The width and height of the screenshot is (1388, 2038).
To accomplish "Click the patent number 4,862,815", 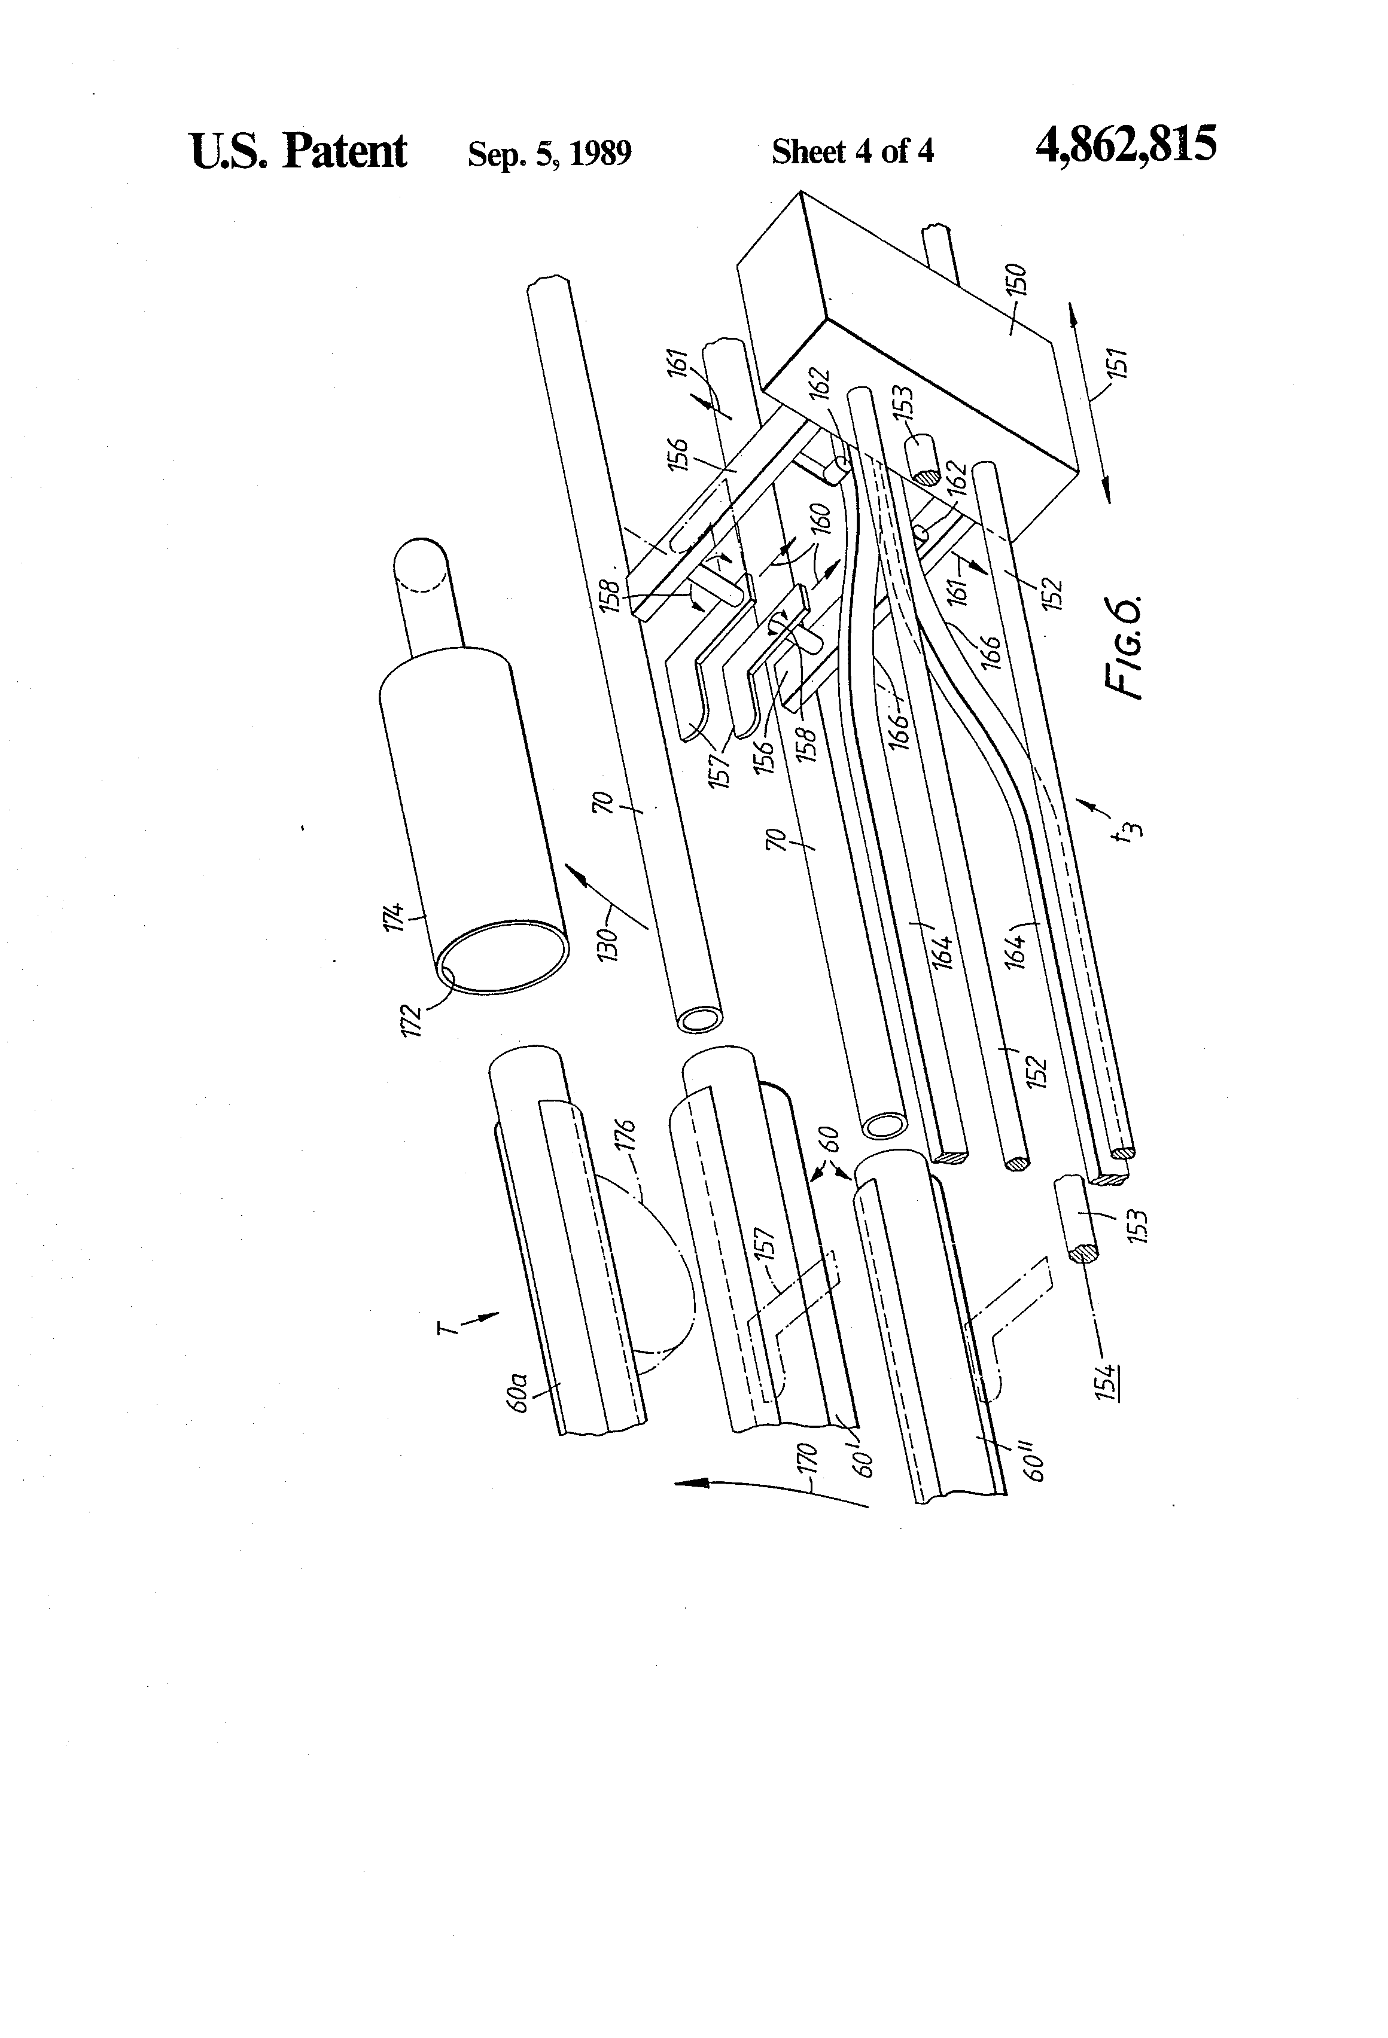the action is [x=1126, y=145].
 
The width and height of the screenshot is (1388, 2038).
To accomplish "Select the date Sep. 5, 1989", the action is [x=549, y=154].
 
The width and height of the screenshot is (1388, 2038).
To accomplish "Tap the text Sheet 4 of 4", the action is [x=853, y=152].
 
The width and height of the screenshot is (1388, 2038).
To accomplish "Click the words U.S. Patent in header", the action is [x=299, y=150].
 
